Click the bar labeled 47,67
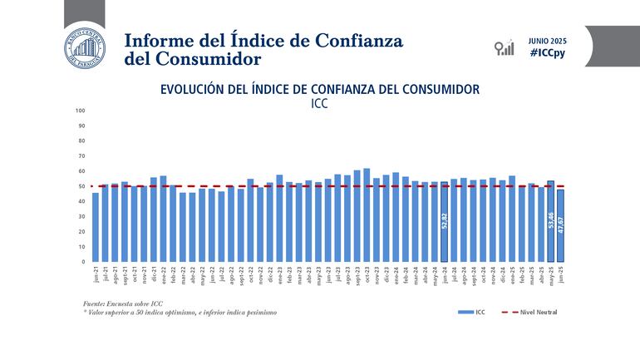coord(560,225)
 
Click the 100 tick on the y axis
coord(81,111)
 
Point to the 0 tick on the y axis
coord(83,262)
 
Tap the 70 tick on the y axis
coord(81,155)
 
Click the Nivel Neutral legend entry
coord(529,312)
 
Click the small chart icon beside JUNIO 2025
coord(503,47)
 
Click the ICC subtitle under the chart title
coord(320,105)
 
